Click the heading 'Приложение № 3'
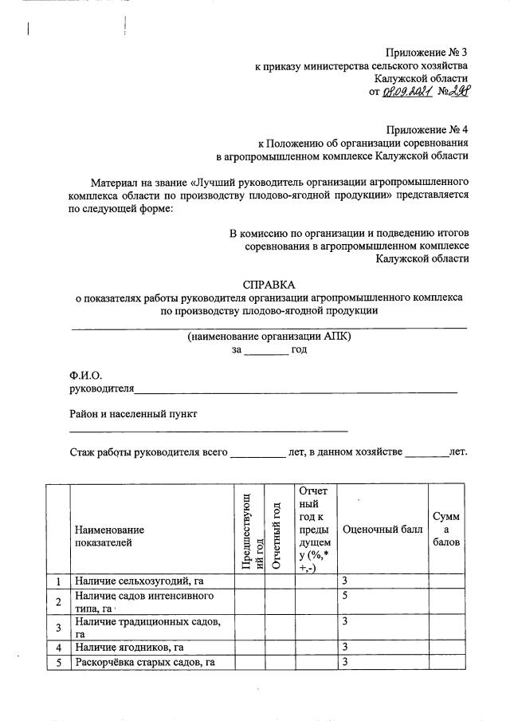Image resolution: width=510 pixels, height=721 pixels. (x=426, y=52)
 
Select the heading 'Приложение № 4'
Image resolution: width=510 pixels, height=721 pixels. (x=426, y=129)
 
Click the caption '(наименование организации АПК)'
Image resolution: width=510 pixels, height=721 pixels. (x=269, y=337)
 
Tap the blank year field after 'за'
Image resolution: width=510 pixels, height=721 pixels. (x=266, y=349)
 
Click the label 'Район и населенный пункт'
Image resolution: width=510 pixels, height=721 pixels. (x=133, y=414)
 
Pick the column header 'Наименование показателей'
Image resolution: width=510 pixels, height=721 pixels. (x=110, y=536)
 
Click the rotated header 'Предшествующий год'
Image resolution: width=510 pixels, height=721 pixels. (x=250, y=530)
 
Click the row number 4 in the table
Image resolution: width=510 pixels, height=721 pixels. (x=57, y=647)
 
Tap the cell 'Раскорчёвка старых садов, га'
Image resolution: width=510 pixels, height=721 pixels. (x=144, y=662)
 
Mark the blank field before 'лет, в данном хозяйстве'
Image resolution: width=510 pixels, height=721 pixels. (x=257, y=451)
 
